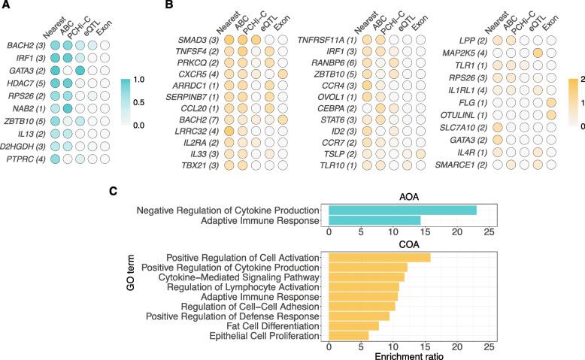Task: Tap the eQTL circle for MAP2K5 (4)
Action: tap(538, 57)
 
